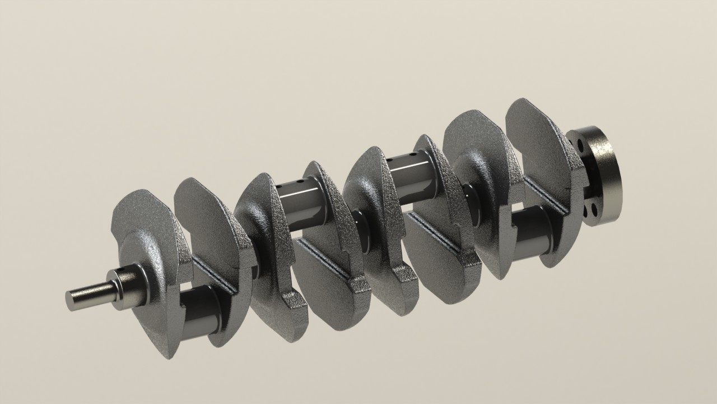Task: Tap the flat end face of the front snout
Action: pos(71,300)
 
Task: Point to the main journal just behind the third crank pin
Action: pos(471,205)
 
